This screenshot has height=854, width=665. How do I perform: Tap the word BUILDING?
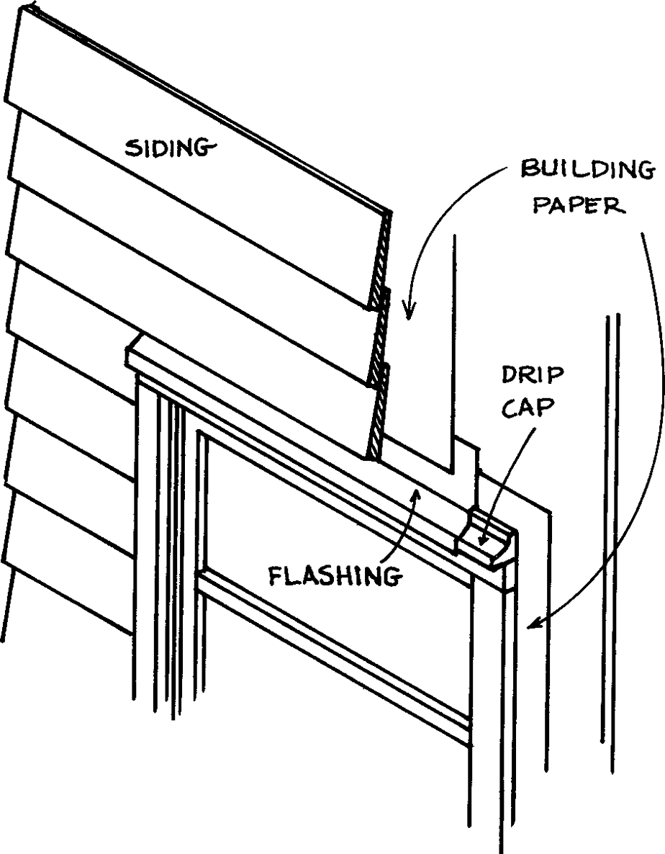[587, 172]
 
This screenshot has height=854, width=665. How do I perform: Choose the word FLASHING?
[334, 575]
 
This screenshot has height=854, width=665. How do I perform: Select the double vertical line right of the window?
[610, 533]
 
